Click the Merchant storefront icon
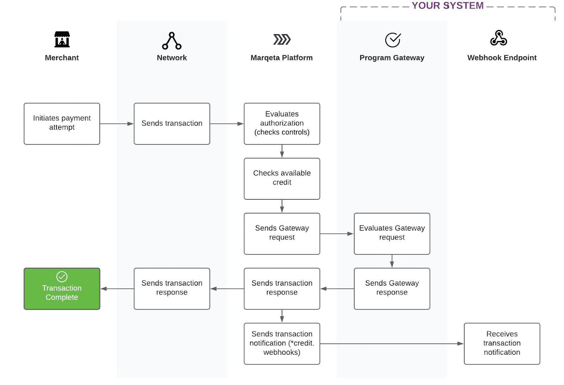pyautogui.click(x=62, y=39)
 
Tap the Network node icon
pyautogui.click(x=172, y=41)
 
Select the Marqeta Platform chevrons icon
pyautogui.click(x=282, y=39)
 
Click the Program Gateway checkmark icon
pyautogui.click(x=393, y=40)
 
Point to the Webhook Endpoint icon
pyautogui.click(x=498, y=38)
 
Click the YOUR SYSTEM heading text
pyautogui.click(x=447, y=6)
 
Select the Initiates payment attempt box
pyautogui.click(x=62, y=124)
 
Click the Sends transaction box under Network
pyautogui.click(x=172, y=124)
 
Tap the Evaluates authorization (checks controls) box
pyautogui.click(x=282, y=124)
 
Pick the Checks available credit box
pyautogui.click(x=282, y=179)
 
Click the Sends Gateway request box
pyautogui.click(x=282, y=234)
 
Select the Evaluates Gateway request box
pyautogui.click(x=392, y=234)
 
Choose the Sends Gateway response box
pyautogui.click(x=392, y=288)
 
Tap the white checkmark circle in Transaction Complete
pyautogui.click(x=62, y=277)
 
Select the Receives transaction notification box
pyautogui.click(x=502, y=343)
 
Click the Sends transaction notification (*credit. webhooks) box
pyautogui.click(x=282, y=343)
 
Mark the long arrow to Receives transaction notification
pyautogui.click(x=391, y=343)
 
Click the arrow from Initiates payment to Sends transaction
pyautogui.click(x=117, y=124)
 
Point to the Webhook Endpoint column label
pyautogui.click(x=502, y=58)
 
